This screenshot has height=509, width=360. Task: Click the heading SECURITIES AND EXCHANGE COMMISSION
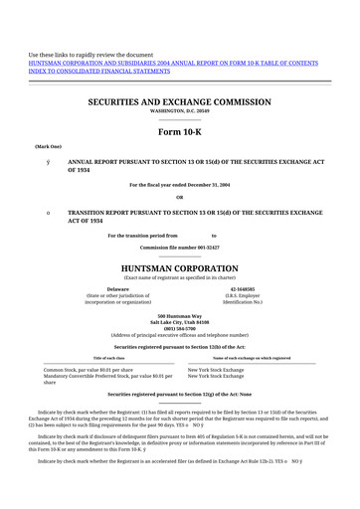[x=180, y=101]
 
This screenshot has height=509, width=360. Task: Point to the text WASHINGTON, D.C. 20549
[x=180, y=111]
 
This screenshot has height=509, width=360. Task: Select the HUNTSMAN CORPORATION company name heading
[x=180, y=268]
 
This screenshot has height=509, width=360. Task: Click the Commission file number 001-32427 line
[x=180, y=246]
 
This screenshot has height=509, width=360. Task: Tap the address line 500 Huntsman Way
[x=180, y=315]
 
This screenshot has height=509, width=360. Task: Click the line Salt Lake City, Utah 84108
[x=180, y=322]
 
